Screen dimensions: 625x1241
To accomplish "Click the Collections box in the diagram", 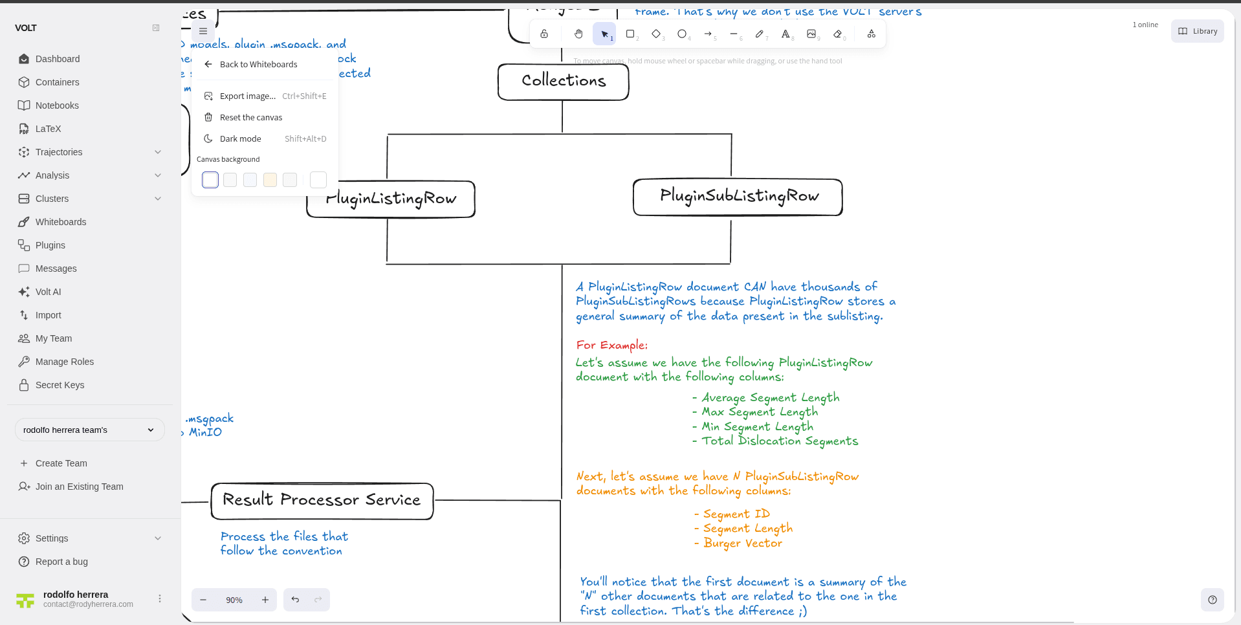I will pos(563,82).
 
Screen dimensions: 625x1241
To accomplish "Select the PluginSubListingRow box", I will pos(738,197).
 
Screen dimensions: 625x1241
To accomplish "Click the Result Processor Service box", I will pos(322,500).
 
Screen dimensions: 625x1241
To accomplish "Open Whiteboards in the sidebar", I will pos(61,222).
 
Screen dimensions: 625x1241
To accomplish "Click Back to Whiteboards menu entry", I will pos(258,64).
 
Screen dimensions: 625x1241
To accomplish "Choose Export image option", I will pos(247,96).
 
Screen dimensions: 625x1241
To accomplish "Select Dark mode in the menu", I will pos(240,138).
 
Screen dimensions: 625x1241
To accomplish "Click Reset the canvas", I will pos(251,117).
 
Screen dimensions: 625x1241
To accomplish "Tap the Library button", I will pos(1197,31).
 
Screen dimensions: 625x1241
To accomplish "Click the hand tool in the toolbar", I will pos(578,34).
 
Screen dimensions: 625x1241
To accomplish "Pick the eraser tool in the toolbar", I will pos(838,34).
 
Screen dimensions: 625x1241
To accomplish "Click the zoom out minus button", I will pos(203,600).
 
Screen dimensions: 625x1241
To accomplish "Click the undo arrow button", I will pos(295,600).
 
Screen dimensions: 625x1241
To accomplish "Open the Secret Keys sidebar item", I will pos(60,385).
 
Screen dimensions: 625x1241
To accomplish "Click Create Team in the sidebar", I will pos(61,463).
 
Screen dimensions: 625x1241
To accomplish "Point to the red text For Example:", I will pos(611,345).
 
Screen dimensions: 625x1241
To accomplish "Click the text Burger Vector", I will pos(742,543).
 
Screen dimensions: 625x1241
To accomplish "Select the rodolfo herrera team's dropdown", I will pos(89,430).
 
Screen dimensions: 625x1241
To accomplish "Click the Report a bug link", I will pos(61,562).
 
